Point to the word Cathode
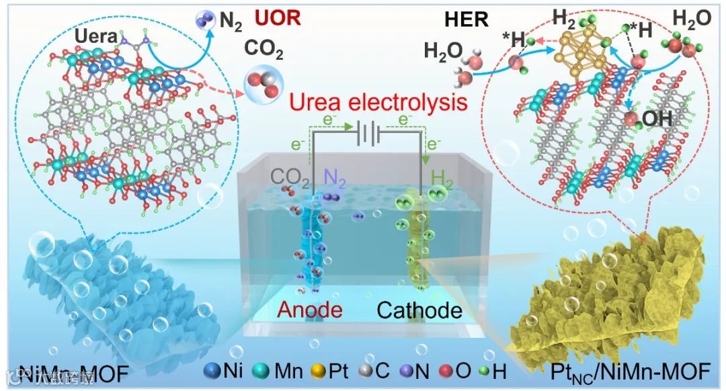click(419, 310)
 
